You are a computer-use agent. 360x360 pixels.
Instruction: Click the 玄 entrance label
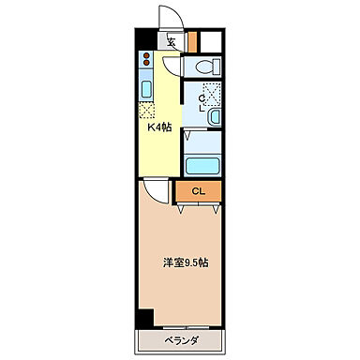[x=172, y=40]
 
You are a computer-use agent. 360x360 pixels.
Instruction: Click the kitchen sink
[x=148, y=91]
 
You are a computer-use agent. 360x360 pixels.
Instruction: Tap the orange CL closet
[x=198, y=191]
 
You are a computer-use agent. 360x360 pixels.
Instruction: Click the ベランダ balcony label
[x=182, y=340]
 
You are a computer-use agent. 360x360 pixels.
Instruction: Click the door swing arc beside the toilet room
[x=173, y=67]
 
